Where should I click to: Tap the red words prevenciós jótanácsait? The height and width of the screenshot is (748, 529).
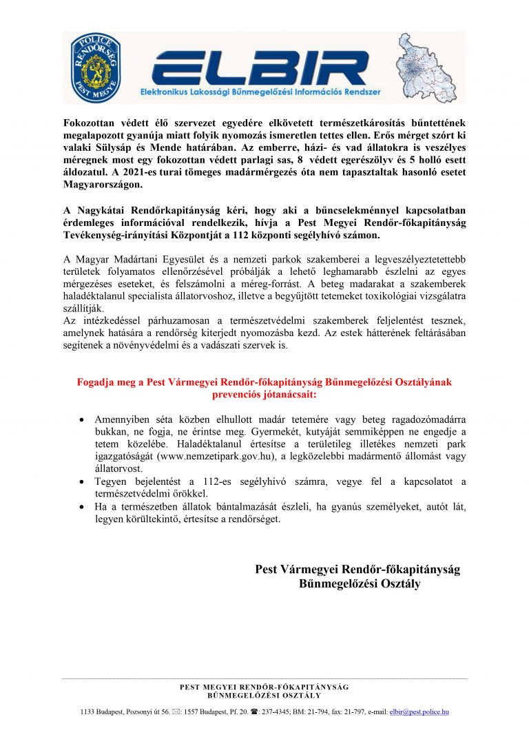(x=264, y=395)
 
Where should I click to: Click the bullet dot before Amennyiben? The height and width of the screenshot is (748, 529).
(x=82, y=419)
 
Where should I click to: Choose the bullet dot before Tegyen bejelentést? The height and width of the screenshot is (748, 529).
(x=82, y=481)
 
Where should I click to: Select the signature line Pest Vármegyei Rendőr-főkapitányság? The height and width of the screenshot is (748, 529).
(x=357, y=570)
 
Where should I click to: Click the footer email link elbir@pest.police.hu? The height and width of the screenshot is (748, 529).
(x=419, y=711)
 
